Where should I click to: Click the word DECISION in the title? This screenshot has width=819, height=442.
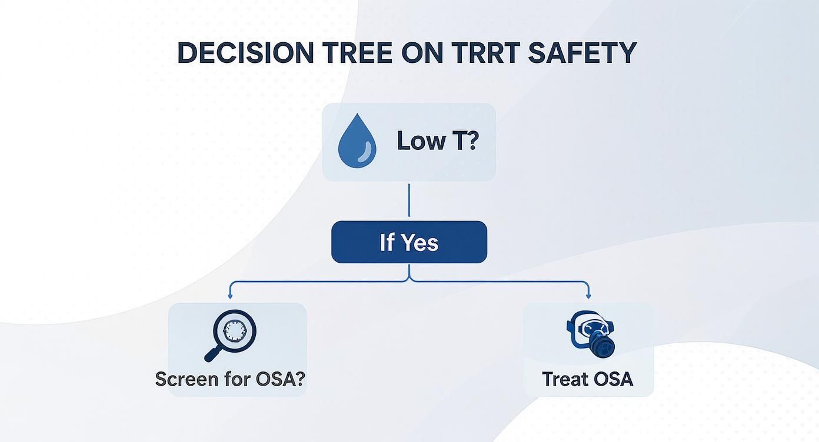tap(245, 53)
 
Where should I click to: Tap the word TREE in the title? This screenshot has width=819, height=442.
tap(357, 53)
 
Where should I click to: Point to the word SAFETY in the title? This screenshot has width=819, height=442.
tap(583, 53)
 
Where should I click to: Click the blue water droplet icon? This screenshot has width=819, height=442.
tap(357, 141)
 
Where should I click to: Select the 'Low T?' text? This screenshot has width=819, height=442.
tap(438, 141)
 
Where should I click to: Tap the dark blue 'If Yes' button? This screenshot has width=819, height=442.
tap(409, 242)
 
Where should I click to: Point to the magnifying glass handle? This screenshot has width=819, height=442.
tap(213, 354)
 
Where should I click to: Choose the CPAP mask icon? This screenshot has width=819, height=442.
tap(590, 334)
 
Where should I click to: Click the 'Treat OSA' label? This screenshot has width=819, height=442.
tap(588, 379)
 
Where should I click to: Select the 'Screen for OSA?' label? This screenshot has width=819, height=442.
tap(230, 379)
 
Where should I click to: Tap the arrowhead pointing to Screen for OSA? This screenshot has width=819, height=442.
tap(230, 296)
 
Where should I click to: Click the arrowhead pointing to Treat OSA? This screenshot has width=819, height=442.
tap(588, 296)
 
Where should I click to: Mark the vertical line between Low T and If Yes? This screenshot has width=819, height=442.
tap(409, 200)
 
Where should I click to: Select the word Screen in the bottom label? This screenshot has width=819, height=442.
tap(187, 379)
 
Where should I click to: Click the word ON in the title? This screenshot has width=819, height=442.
tap(422, 53)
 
